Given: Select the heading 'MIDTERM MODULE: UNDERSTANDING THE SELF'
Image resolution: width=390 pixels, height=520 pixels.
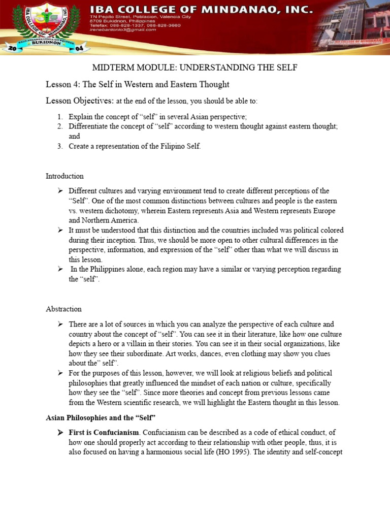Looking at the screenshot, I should [x=194, y=68].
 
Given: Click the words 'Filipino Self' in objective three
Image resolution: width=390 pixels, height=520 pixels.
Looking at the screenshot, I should [x=180, y=146].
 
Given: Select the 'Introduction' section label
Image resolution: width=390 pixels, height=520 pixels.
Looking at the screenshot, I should [x=64, y=176].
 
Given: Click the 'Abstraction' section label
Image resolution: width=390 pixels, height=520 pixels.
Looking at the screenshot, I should [x=63, y=309].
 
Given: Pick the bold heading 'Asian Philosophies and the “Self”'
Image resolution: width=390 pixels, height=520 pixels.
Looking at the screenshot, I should [x=101, y=417].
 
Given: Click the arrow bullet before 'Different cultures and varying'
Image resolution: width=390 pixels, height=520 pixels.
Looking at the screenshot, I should [x=60, y=191].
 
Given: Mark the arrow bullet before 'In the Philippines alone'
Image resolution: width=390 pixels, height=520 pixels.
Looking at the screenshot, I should [x=60, y=269].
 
